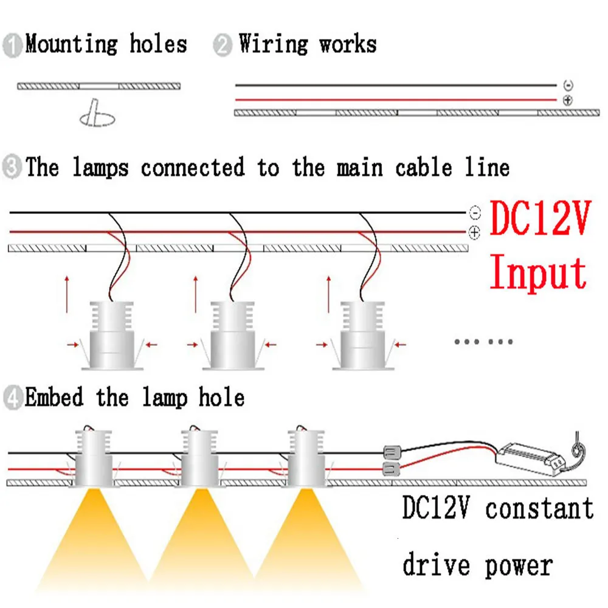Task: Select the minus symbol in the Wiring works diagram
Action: coord(568,86)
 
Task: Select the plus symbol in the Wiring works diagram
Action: coord(568,100)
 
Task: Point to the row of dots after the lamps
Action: coord(484,342)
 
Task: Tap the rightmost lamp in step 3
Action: coord(362,336)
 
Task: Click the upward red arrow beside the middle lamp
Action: coord(196,293)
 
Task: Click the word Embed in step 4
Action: coord(54,398)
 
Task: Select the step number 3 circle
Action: coord(12,167)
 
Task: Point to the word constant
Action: coord(539,508)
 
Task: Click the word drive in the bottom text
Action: coord(436,565)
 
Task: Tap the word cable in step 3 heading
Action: coord(423,167)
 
